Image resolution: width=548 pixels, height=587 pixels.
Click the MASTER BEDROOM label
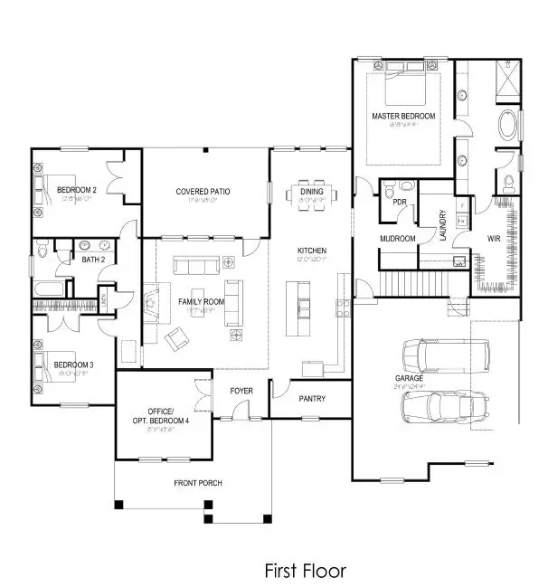pyautogui.click(x=402, y=118)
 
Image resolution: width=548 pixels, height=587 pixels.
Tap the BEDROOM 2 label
pyautogui.click(x=76, y=190)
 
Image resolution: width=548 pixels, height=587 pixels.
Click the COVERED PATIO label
pyautogui.click(x=203, y=192)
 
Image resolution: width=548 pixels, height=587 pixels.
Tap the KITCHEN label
pyautogui.click(x=312, y=251)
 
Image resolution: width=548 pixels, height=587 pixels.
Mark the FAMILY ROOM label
pyautogui.click(x=200, y=300)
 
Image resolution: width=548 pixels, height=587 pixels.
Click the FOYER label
pyautogui.click(x=241, y=391)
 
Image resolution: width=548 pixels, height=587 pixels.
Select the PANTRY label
pyautogui.click(x=312, y=398)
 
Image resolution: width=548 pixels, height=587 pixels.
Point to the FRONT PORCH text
pyautogui.click(x=198, y=483)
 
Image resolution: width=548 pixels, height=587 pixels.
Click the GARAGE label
pyautogui.click(x=409, y=379)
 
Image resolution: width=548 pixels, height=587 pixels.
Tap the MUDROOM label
pyautogui.click(x=398, y=239)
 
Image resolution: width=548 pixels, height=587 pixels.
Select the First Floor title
pyautogui.click(x=305, y=571)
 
